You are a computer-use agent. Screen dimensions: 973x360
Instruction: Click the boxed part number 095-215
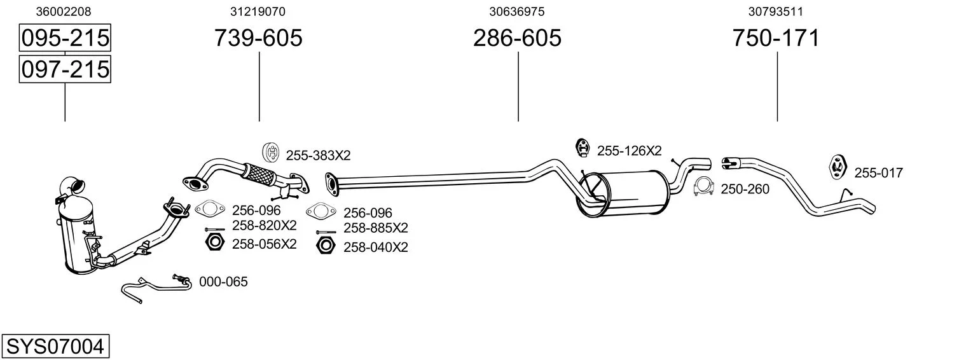point(65,38)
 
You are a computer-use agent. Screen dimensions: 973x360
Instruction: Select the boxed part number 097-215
point(65,69)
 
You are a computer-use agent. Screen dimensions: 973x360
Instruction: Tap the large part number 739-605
point(258,38)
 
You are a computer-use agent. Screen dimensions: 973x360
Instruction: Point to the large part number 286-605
point(517,38)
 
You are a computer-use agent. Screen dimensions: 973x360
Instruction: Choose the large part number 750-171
point(776,38)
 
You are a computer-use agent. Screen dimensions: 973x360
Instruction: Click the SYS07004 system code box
point(55,347)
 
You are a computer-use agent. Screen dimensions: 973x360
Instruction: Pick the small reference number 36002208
point(64,11)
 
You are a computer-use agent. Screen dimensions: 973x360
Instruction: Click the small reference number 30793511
point(775,11)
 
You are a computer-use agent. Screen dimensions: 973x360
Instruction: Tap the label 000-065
point(223,282)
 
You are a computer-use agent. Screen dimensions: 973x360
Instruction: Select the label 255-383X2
point(318,155)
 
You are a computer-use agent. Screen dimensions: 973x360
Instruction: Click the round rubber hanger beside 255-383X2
point(271,153)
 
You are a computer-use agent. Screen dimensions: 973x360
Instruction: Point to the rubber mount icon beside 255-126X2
point(582,148)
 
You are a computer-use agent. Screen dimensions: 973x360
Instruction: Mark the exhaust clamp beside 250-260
point(704,187)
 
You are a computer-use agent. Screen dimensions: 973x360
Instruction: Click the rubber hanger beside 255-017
point(838,167)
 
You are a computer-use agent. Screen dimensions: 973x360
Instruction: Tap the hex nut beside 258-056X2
point(214,242)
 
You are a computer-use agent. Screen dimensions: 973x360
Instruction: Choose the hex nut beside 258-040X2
point(326,246)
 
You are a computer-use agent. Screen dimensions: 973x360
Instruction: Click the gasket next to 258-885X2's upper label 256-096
point(321,211)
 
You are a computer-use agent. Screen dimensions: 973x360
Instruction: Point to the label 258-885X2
point(376,228)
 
